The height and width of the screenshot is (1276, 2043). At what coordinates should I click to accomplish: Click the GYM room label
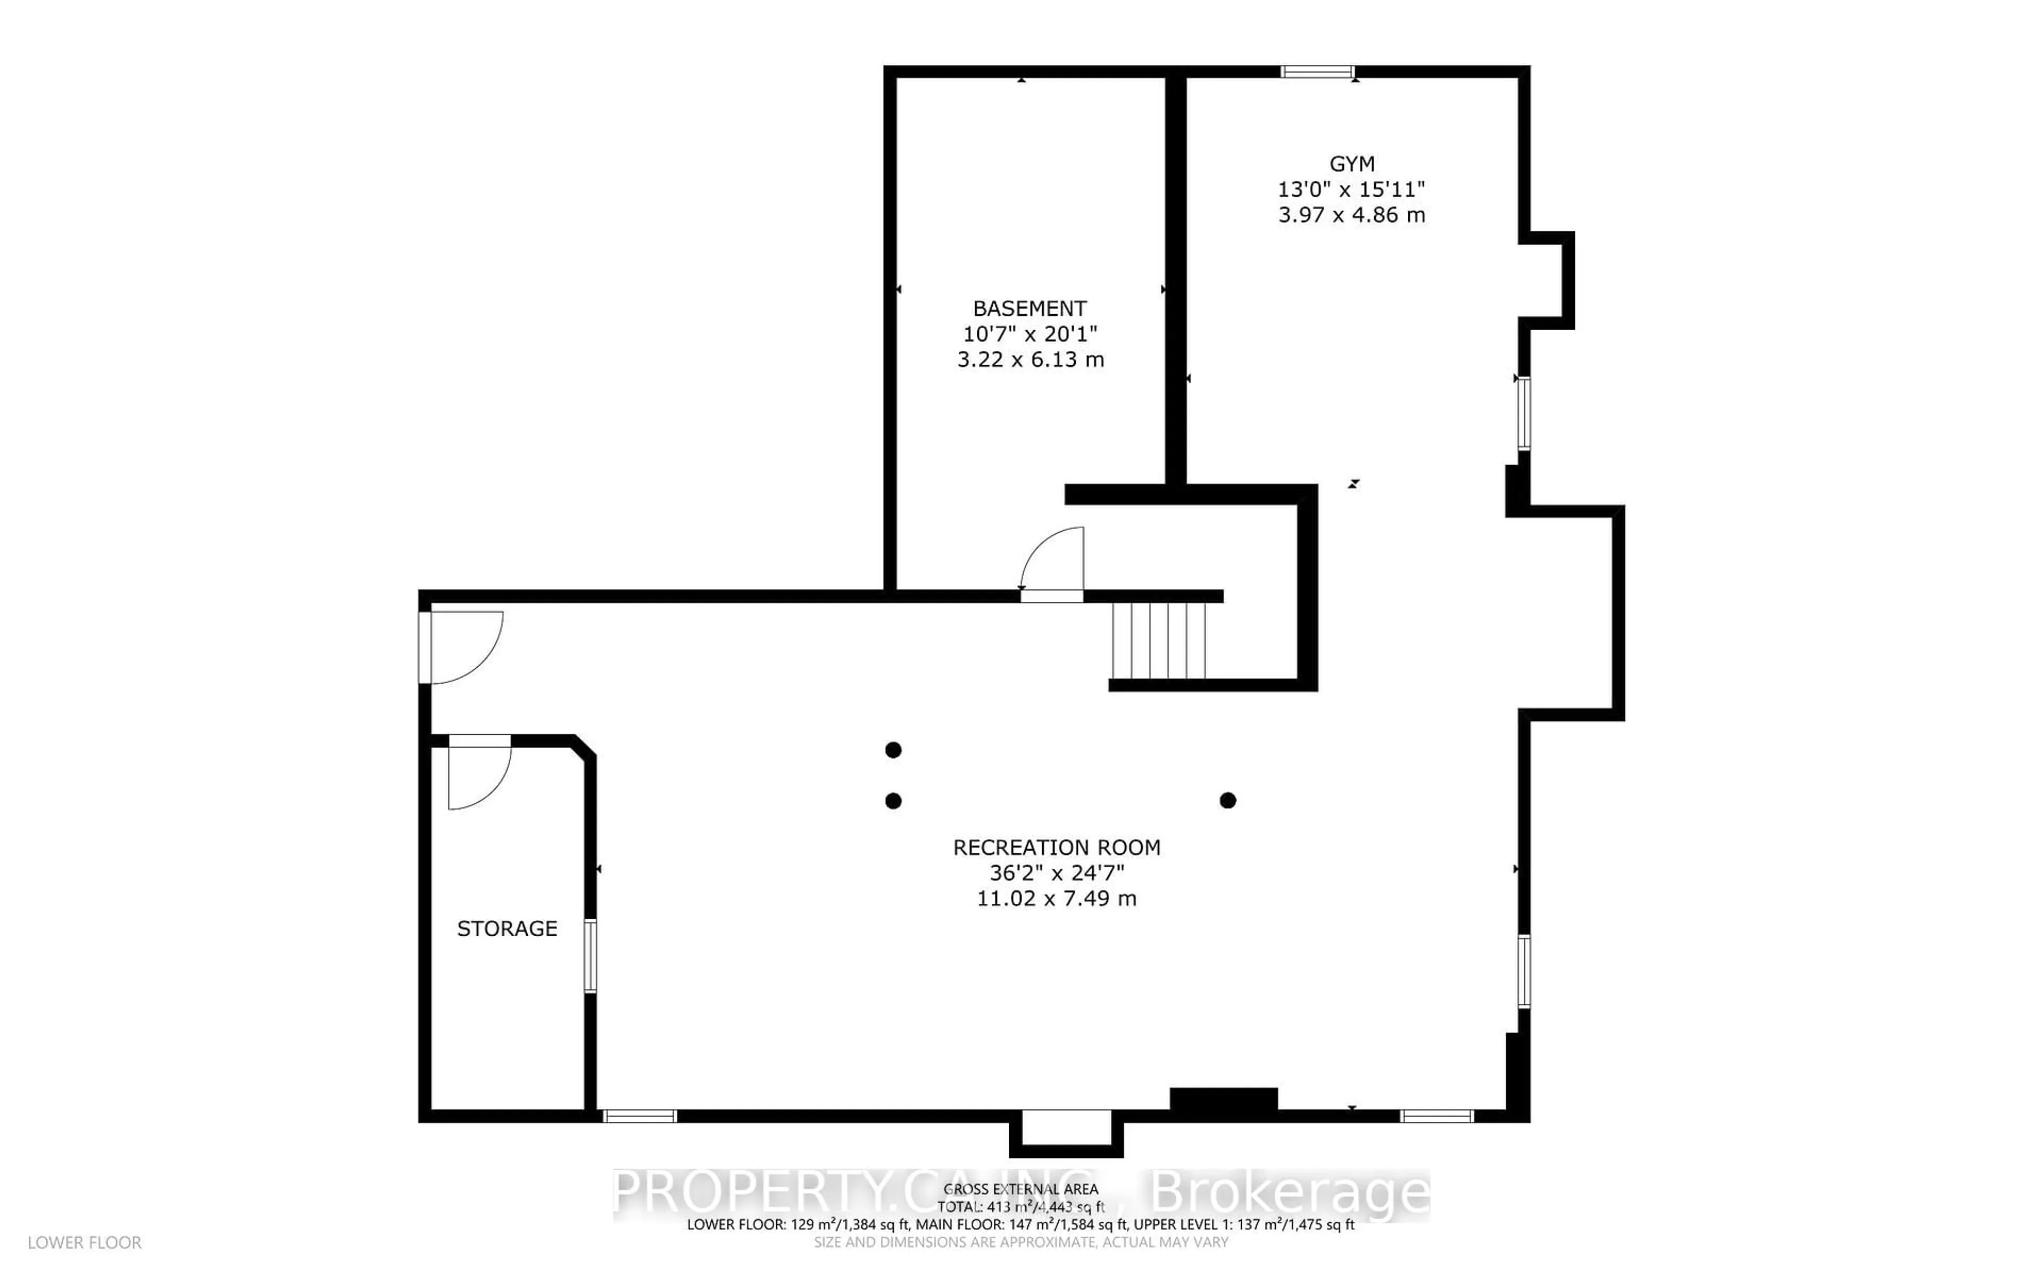pos(1351,164)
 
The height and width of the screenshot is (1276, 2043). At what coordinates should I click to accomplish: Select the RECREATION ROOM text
pos(1056,847)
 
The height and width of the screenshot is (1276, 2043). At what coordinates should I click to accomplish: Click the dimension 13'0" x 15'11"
pos(1351,189)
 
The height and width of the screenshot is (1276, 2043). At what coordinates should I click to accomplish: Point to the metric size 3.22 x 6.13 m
pos(1030,359)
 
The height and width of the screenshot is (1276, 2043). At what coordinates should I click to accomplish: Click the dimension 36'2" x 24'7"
pos(1056,872)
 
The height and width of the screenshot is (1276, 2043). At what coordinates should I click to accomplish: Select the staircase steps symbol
pos(1158,641)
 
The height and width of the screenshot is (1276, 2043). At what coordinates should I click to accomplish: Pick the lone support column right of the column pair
pos(1227,800)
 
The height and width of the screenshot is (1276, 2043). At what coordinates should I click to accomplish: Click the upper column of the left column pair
pos(893,750)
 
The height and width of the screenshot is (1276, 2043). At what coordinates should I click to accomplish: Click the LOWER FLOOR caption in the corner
pos(85,1243)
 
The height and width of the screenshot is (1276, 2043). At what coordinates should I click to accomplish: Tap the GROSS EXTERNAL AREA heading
pos(1020,1190)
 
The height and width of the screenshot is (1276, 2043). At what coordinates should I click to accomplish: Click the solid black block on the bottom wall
pos(1223,1099)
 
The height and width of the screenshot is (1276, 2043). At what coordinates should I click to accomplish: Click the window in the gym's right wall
pos(1523,414)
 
